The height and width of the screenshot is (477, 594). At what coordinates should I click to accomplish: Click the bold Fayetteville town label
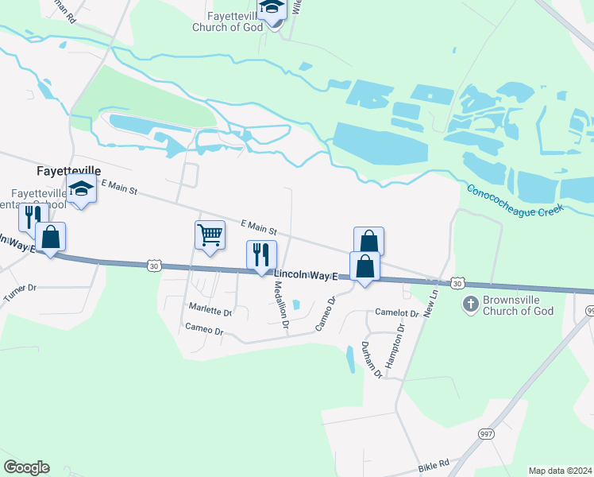tap(69, 170)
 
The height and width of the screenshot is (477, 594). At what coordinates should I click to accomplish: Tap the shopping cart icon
tap(210, 235)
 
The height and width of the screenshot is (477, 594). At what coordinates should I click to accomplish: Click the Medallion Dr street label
tap(280, 301)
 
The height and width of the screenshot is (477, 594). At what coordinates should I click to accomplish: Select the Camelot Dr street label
tap(396, 312)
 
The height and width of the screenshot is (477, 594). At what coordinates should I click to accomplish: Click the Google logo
tap(26, 467)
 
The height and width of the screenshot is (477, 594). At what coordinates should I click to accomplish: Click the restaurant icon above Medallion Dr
tap(261, 254)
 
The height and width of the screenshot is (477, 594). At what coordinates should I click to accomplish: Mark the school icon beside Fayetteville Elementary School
tap(81, 189)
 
